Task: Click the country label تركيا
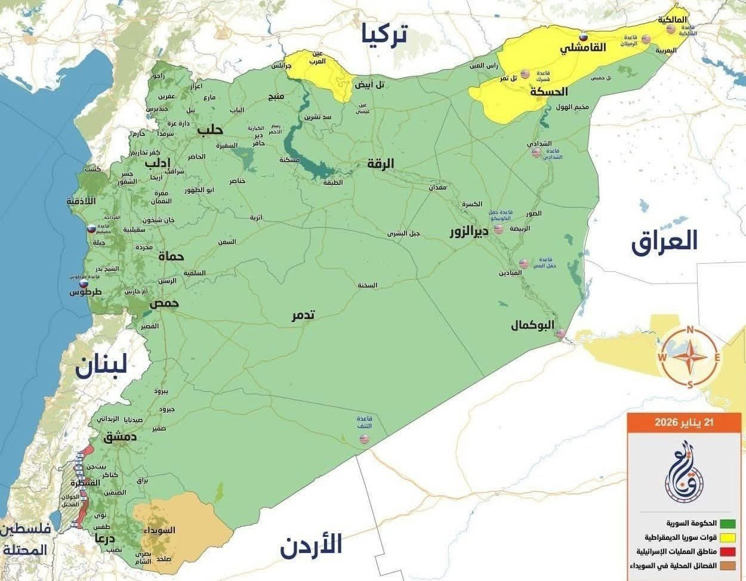384,35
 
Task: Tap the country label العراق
664,241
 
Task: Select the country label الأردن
311,545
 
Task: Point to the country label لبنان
101,365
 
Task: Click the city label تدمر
303,315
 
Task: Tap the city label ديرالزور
469,232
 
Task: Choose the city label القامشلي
583,47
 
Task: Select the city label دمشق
120,437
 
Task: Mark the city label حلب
210,129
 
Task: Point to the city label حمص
164,303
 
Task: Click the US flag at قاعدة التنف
364,440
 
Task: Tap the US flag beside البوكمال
560,333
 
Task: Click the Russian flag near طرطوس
84,285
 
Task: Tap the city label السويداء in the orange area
160,530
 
